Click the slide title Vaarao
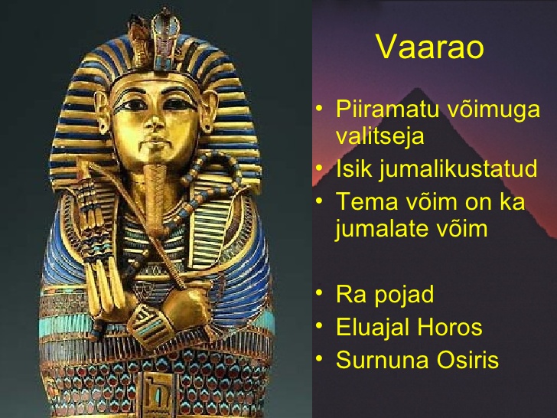pos(430,47)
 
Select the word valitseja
pos(379,136)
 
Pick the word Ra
pos(351,295)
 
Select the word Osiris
pos(467,359)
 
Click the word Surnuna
pos(383,359)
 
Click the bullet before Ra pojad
pos(320,293)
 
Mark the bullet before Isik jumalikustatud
pos(320,167)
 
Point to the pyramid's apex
pos(416,88)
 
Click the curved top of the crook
pos(213,167)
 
